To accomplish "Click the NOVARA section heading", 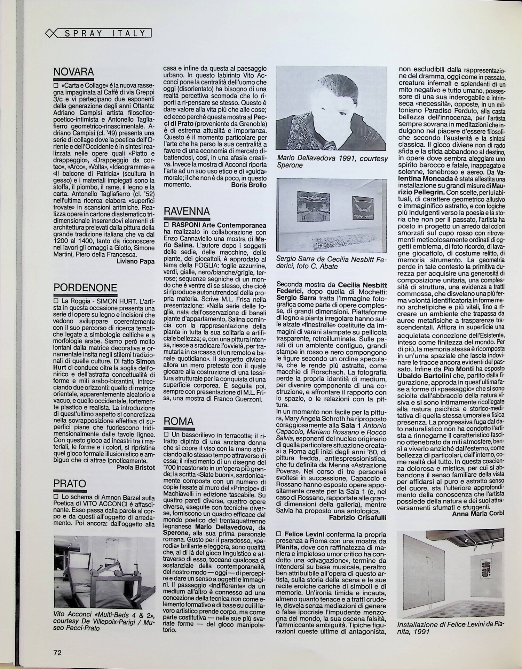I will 73,72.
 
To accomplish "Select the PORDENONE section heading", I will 85,288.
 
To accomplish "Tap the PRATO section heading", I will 70,483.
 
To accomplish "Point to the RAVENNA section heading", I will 187,212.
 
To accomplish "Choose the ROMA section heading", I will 179,421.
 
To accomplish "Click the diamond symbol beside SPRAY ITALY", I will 50,33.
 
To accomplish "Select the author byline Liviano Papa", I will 136,261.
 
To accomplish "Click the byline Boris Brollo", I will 248,185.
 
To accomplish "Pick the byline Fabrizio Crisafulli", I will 357,518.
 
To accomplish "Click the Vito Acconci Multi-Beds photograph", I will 105,566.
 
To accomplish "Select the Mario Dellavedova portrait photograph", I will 331,108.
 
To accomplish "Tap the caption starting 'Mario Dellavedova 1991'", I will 332,162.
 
